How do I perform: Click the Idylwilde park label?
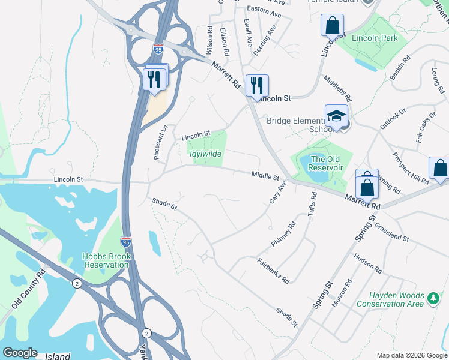coord(206,154)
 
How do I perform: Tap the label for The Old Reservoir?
coord(325,164)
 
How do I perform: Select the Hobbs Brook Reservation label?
coord(107,260)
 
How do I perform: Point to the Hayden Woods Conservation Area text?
coord(390,300)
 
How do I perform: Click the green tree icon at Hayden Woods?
coord(433,297)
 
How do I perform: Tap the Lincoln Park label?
coord(375,38)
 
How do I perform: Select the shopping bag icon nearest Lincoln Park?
coord(332,26)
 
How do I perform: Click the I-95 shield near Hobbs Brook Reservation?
coord(125,242)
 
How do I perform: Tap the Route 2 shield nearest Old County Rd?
coord(77,283)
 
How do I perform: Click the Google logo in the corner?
coord(20,353)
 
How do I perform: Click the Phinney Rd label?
coord(283,234)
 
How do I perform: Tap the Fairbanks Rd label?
coord(273,271)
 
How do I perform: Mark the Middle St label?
coord(266,176)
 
